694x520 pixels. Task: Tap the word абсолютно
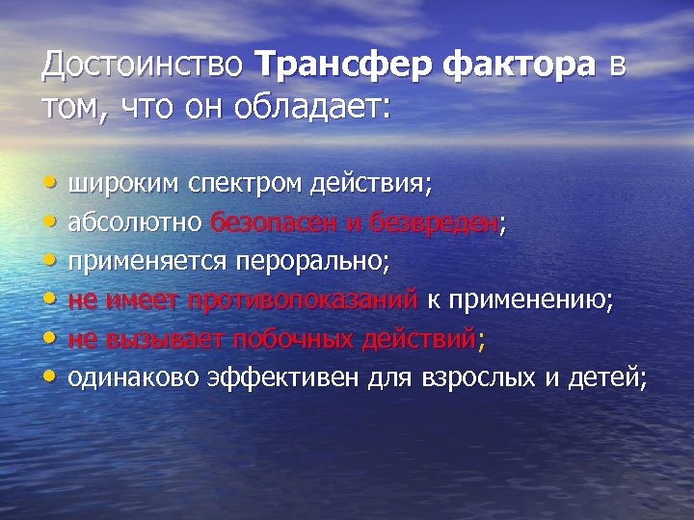[135, 222]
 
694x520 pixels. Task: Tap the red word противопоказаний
[304, 300]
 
